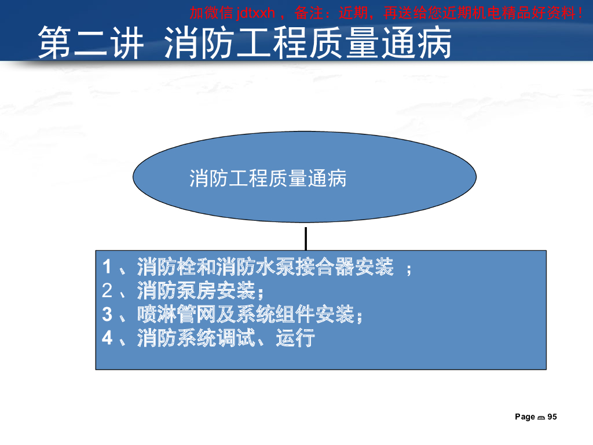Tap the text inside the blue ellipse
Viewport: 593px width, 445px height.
tap(268, 178)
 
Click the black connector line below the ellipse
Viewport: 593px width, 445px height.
tap(305, 238)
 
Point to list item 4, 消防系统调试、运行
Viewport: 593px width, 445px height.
tap(208, 338)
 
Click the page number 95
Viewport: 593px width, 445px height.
tap(552, 417)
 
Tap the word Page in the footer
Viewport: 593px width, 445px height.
tap(525, 417)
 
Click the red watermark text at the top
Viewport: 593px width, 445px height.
tap(386, 12)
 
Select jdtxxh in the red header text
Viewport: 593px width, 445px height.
tap(255, 12)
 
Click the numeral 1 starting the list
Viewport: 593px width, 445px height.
tap(107, 268)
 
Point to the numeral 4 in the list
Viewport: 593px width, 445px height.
tap(107, 338)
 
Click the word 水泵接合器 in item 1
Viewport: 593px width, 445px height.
tap(295, 268)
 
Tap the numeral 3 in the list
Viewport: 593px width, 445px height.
tap(107, 315)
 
